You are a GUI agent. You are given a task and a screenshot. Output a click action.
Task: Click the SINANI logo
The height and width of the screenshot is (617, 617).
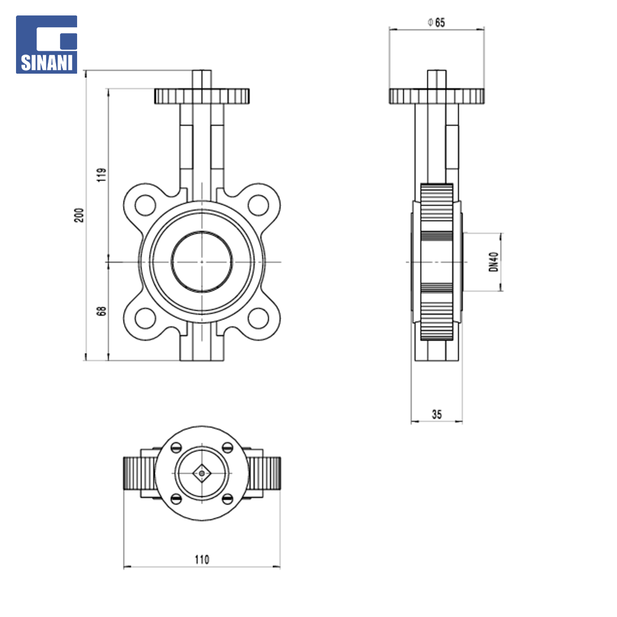click(x=46, y=45)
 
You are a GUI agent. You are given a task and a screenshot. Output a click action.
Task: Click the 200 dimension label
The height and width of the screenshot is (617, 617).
click(x=79, y=215)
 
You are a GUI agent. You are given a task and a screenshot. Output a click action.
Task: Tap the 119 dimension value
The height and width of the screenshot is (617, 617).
click(x=102, y=175)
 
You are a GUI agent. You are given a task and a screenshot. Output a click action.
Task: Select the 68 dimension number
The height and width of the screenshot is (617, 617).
click(x=102, y=311)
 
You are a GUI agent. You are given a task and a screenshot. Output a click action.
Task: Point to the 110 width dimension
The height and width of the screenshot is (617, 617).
click(x=202, y=559)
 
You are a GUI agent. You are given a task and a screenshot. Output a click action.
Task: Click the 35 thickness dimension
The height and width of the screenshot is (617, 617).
click(x=437, y=414)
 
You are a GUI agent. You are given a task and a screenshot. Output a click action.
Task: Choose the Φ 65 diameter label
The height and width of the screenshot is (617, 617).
click(x=436, y=22)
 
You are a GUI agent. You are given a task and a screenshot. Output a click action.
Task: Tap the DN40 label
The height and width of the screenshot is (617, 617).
click(x=494, y=262)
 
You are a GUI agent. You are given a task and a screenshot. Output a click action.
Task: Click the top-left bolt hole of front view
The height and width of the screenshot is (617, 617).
click(x=145, y=205)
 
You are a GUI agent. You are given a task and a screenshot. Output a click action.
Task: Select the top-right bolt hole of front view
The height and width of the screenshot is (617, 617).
click(x=259, y=205)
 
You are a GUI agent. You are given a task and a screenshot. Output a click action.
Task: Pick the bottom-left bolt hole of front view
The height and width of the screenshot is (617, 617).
click(x=145, y=318)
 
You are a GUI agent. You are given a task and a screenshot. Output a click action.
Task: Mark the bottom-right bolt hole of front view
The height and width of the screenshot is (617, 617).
click(x=259, y=318)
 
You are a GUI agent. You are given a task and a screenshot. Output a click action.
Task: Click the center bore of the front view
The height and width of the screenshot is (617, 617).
click(x=202, y=262)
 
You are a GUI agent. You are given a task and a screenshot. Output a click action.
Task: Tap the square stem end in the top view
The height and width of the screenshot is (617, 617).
click(x=202, y=474)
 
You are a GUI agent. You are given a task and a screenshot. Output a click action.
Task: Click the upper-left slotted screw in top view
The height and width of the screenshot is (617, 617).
click(x=176, y=447)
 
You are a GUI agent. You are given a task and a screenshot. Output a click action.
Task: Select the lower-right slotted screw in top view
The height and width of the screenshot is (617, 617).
click(x=228, y=499)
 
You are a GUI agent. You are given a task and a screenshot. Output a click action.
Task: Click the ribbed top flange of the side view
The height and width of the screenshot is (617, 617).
click(x=437, y=96)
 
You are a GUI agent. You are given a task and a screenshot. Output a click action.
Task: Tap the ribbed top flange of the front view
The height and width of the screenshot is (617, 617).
click(x=202, y=96)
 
